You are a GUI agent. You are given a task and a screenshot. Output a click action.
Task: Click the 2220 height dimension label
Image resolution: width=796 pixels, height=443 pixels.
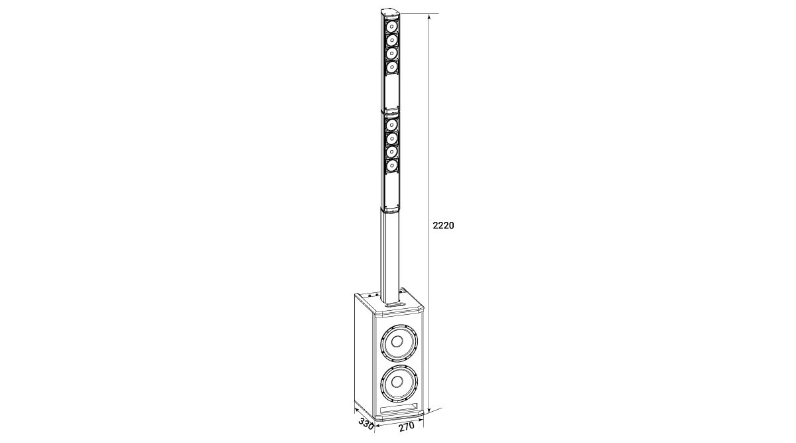[443, 226]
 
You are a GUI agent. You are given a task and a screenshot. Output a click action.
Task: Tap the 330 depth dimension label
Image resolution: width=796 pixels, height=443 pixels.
[365, 422]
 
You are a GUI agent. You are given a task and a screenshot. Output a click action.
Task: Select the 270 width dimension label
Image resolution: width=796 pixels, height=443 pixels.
[406, 426]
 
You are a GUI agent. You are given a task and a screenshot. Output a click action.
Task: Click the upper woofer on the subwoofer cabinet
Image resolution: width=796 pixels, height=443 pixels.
[397, 343]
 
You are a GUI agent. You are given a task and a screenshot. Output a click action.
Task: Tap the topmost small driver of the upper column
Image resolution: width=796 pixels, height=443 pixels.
[392, 27]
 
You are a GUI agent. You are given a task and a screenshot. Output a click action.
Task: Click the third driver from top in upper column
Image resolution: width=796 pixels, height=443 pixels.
[392, 53]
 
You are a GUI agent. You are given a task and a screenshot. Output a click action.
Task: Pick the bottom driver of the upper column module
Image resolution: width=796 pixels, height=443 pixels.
[392, 67]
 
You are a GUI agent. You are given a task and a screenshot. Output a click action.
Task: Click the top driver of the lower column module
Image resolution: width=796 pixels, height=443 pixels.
[392, 125]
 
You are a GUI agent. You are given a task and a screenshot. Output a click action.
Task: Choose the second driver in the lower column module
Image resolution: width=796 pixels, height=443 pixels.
[392, 138]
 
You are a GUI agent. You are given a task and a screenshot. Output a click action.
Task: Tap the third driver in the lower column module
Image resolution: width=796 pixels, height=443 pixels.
[392, 151]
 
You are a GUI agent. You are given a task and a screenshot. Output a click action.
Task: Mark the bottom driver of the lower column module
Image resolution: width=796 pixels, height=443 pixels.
[392, 165]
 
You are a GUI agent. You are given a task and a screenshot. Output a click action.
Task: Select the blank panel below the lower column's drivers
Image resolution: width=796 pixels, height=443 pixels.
[391, 189]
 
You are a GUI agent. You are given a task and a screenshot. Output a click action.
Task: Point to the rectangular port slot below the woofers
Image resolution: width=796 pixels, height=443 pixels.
[398, 408]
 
